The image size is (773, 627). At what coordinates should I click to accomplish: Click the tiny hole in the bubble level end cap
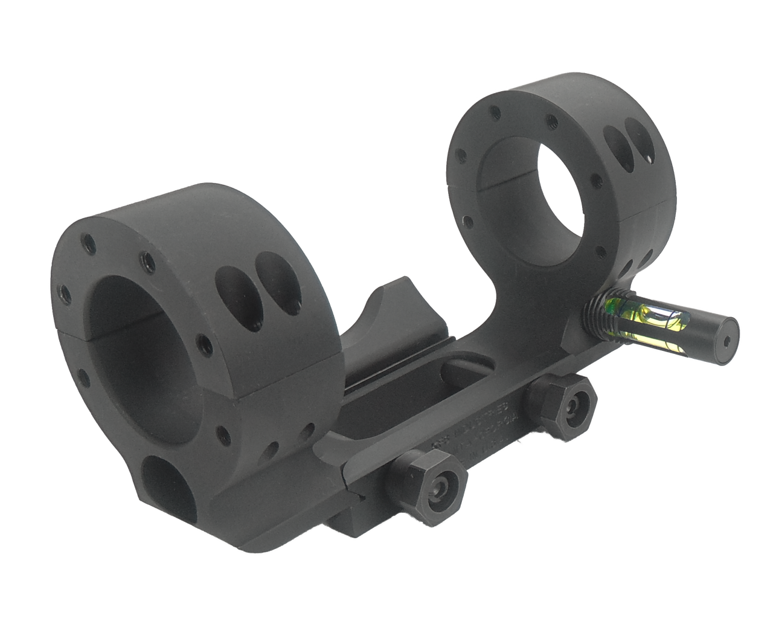pos(725,340)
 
